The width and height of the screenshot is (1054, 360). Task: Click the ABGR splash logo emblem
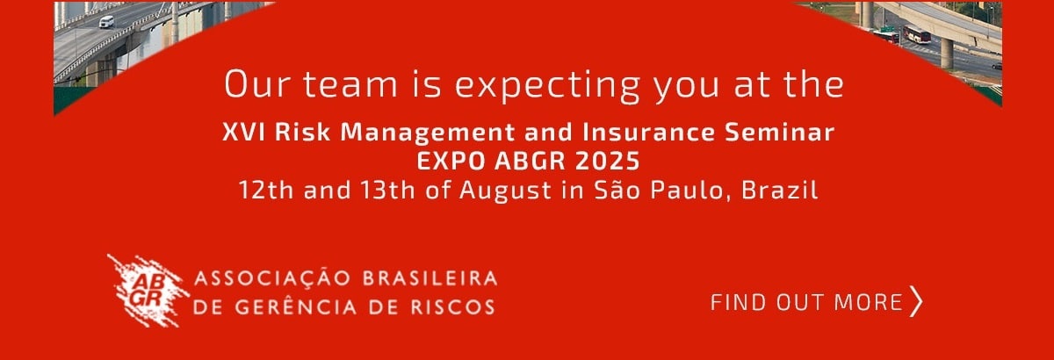(148, 291)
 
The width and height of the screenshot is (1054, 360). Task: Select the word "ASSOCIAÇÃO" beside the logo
(273, 277)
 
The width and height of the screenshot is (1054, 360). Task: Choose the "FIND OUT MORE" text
(806, 302)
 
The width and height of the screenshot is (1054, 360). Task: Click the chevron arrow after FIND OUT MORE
(916, 301)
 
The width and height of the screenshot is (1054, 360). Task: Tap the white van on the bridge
(106, 22)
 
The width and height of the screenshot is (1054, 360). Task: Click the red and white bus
(916, 34)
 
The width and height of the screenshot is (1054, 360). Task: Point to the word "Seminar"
(779, 132)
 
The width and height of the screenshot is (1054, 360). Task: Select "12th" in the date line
(266, 191)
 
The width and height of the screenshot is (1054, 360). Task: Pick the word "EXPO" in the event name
(451, 161)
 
